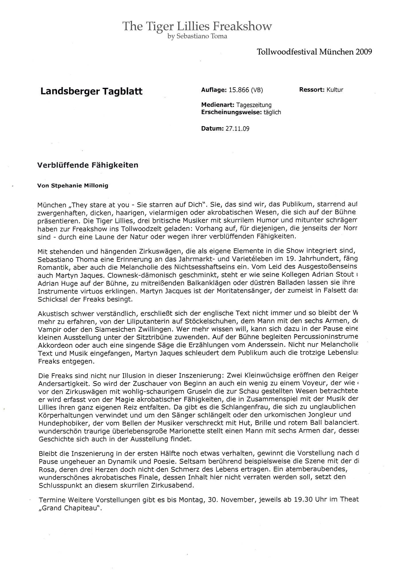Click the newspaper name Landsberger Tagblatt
pyautogui.click(x=91, y=91)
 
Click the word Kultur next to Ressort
pyautogui.click(x=335, y=90)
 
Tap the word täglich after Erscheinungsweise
pyautogui.click(x=272, y=112)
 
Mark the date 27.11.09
pyautogui.click(x=237, y=128)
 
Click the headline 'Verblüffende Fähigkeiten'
pyautogui.click(x=88, y=165)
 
